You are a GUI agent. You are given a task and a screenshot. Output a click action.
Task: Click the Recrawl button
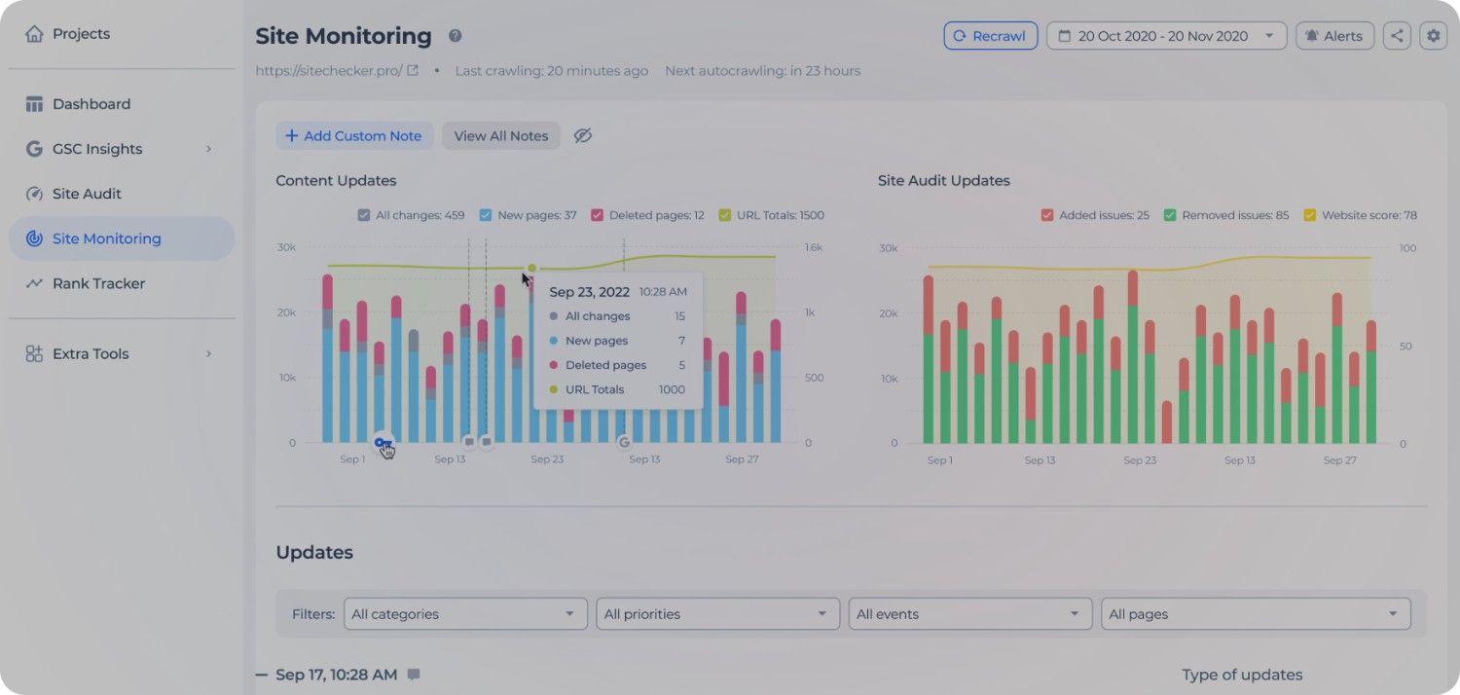point(990,36)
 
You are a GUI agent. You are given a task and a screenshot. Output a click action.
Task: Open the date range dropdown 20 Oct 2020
point(1166,36)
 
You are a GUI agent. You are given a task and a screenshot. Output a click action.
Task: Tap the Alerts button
point(1334,36)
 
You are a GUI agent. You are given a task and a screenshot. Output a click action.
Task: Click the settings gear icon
point(1433,36)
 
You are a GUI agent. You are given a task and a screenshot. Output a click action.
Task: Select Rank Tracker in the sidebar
point(98,283)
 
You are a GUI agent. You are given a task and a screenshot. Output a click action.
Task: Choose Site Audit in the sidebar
point(87,194)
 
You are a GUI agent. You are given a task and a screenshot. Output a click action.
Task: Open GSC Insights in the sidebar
point(97,149)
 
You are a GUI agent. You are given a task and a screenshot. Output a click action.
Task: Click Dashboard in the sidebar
point(91,104)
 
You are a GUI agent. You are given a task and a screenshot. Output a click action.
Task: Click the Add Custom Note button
point(353,136)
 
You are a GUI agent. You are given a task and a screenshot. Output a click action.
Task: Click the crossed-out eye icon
point(582,136)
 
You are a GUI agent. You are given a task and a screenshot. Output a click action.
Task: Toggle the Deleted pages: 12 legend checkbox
point(598,215)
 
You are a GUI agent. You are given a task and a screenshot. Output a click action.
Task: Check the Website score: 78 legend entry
point(1310,215)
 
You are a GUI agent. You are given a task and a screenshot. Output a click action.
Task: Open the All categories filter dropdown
point(465,614)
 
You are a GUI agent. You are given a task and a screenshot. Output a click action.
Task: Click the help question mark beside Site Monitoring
point(455,36)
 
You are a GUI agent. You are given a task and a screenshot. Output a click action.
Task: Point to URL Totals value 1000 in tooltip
point(671,389)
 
